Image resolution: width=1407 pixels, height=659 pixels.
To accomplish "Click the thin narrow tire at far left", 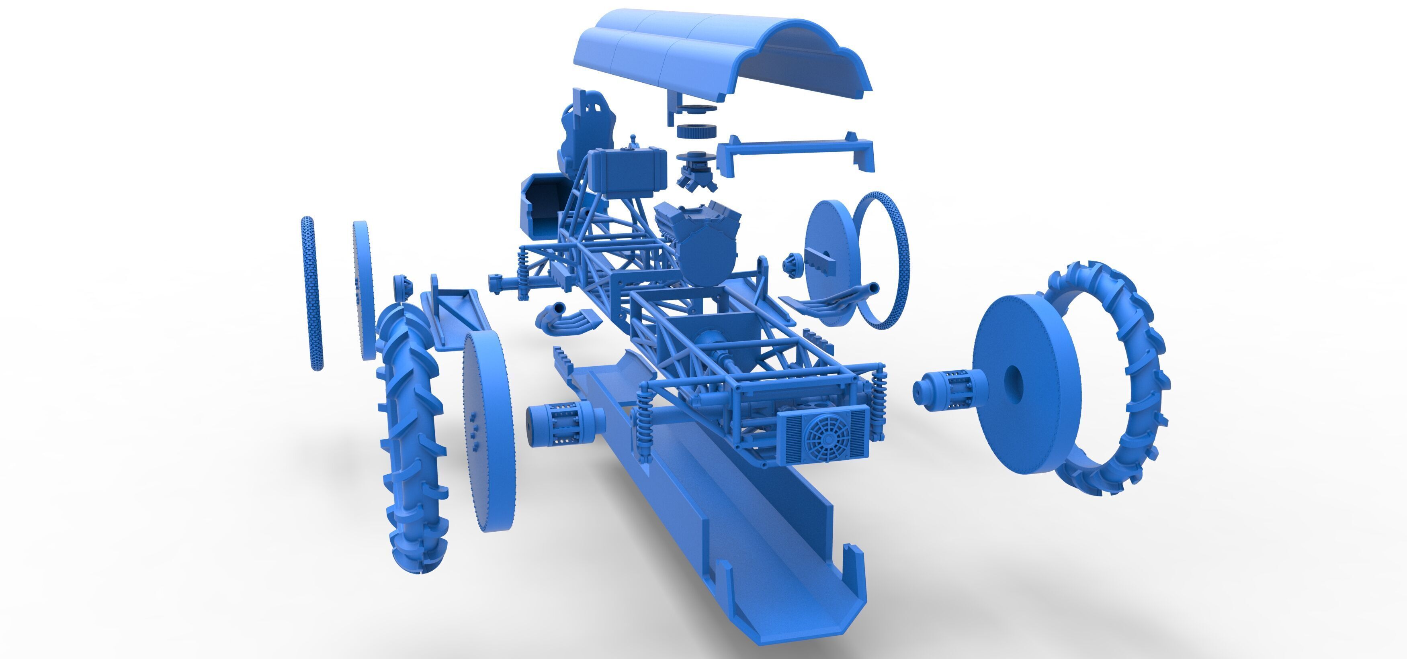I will [311, 292].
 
